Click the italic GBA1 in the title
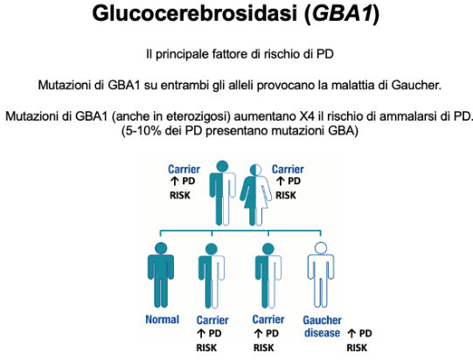click(x=343, y=14)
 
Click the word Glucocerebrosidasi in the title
click(x=195, y=14)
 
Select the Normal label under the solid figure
click(x=163, y=319)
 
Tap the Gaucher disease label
click(x=322, y=327)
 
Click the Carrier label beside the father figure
click(x=184, y=170)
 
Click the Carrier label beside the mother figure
click(x=288, y=170)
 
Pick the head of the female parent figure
click(x=256, y=170)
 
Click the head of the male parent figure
click(x=223, y=166)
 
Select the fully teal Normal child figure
click(x=161, y=275)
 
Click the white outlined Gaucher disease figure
click(x=321, y=275)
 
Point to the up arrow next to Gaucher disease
click(x=351, y=333)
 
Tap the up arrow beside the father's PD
click(x=174, y=181)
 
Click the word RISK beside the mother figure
click(x=286, y=196)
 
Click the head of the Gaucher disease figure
click(x=321, y=248)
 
